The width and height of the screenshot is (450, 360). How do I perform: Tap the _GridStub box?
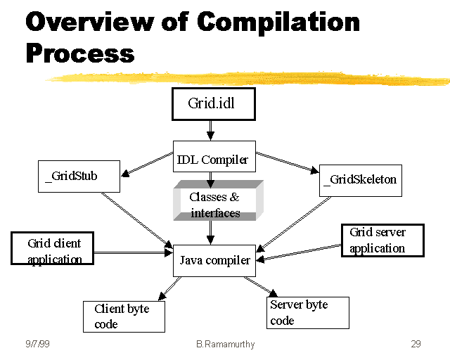pyautogui.click(x=78, y=176)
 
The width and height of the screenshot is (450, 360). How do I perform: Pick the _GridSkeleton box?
pyautogui.click(x=359, y=180)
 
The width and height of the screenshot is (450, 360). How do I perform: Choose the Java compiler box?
pyautogui.click(x=214, y=261)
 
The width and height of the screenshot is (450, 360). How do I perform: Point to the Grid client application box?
pyautogui.click(x=52, y=250)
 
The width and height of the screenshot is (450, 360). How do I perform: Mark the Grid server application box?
pyautogui.click(x=382, y=240)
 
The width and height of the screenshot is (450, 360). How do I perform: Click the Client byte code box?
pyautogui.click(x=124, y=316)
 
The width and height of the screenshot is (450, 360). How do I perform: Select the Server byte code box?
pyautogui.click(x=309, y=312)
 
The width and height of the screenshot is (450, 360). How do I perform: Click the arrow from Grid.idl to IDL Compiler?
pyautogui.click(x=210, y=130)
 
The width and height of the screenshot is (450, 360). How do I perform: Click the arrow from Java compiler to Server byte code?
pyautogui.click(x=260, y=287)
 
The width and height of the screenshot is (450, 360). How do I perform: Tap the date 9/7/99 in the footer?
pyautogui.click(x=37, y=344)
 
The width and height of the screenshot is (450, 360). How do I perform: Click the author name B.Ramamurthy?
pyautogui.click(x=224, y=344)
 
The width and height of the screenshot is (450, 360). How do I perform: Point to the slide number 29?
pyautogui.click(x=416, y=344)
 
